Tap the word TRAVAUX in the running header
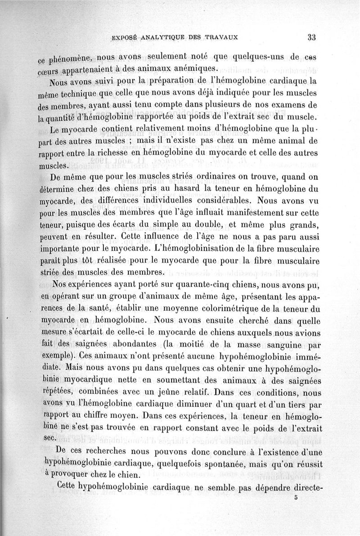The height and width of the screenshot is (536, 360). coord(220,38)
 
